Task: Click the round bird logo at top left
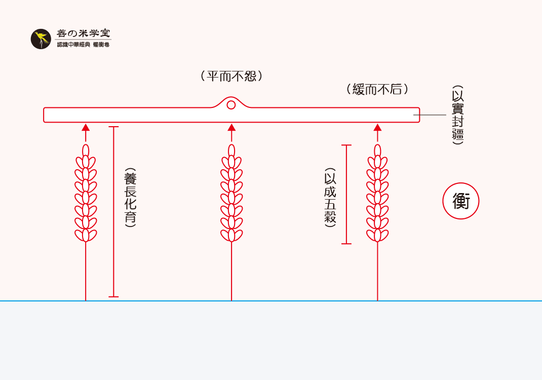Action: point(41,39)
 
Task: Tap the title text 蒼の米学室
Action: point(84,34)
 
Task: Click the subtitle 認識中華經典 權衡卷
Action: point(83,45)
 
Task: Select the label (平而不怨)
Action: point(231,76)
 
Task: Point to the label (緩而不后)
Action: point(377,89)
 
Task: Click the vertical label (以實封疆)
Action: point(458,115)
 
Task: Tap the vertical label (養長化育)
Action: point(130,198)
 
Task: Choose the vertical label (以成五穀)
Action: point(330,198)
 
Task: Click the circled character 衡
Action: point(461,201)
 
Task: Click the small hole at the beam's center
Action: point(231,105)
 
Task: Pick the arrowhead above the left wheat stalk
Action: point(86,128)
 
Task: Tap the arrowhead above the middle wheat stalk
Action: point(231,128)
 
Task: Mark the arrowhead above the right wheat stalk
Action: point(377,128)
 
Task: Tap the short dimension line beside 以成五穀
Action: point(346,195)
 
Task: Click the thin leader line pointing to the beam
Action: point(430,115)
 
